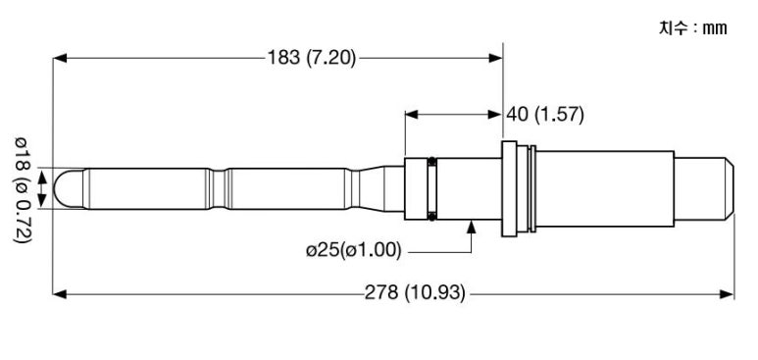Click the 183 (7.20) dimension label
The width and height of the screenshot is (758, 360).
[312, 58]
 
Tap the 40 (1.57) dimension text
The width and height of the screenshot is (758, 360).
[545, 115]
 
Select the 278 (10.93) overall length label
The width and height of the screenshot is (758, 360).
[415, 293]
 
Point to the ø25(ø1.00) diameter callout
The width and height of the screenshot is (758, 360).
[353, 250]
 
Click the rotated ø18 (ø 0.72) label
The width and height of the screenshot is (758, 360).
[23, 189]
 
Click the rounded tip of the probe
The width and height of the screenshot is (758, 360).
[69, 188]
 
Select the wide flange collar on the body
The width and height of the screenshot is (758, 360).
[509, 188]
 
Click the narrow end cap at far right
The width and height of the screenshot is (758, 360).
[704, 188]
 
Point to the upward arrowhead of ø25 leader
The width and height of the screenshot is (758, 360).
[472, 227]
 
